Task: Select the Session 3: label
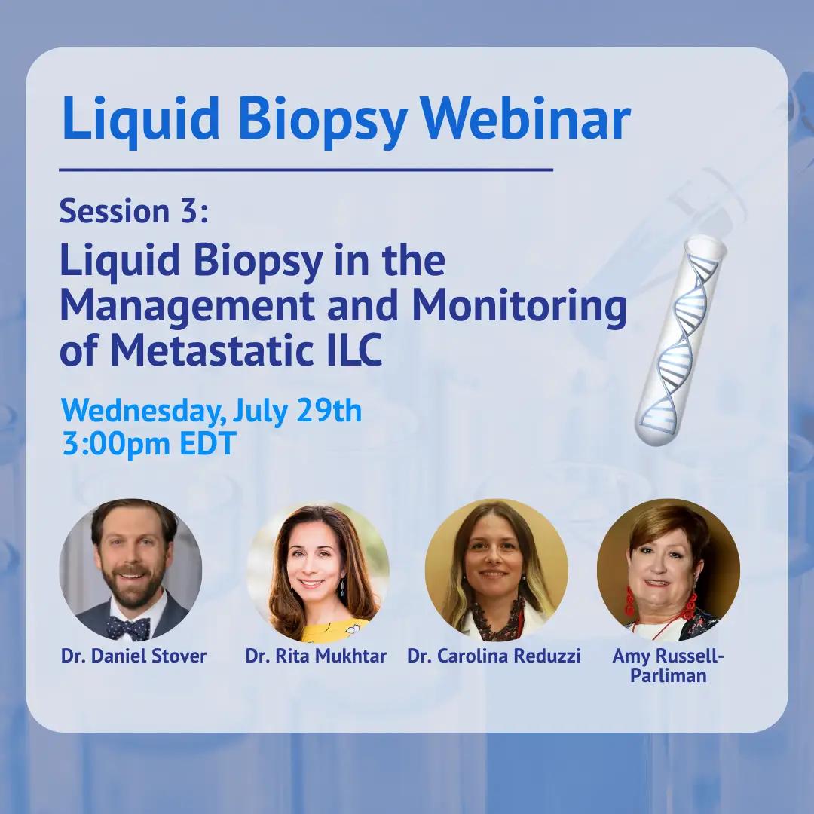(x=134, y=211)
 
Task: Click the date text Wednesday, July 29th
(x=211, y=412)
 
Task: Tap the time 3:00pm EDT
(x=149, y=445)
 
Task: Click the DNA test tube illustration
(x=680, y=341)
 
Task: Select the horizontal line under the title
(x=306, y=170)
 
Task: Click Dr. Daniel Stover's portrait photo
(x=131, y=570)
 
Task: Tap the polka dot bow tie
(x=129, y=627)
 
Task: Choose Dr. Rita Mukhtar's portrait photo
(x=318, y=571)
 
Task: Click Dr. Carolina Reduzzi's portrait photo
(x=496, y=570)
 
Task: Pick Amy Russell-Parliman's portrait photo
(x=669, y=570)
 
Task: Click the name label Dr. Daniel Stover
(x=134, y=656)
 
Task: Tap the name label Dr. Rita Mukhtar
(x=316, y=656)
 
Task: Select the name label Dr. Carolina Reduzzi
(x=494, y=656)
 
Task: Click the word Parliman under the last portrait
(x=668, y=675)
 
